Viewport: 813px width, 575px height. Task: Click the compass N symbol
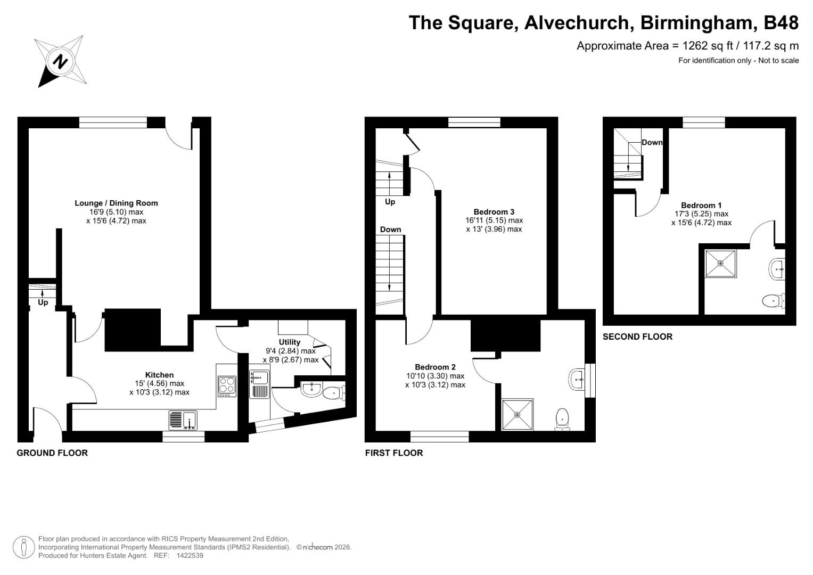click(x=61, y=61)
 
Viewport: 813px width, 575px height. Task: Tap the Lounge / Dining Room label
click(x=116, y=203)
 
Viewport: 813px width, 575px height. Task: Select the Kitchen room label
click(x=159, y=375)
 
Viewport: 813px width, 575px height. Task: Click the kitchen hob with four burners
click(x=227, y=386)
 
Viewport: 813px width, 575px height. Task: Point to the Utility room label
click(x=290, y=342)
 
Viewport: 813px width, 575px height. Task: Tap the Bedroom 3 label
click(x=494, y=211)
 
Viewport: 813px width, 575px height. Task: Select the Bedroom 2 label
click(x=435, y=367)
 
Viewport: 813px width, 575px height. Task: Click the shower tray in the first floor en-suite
click(x=517, y=415)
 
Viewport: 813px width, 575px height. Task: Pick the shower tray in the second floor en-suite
click(x=720, y=263)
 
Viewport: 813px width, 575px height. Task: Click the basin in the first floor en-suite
click(x=577, y=380)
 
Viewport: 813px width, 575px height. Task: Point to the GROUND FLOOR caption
click(x=52, y=453)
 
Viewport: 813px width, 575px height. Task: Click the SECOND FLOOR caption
click(x=637, y=336)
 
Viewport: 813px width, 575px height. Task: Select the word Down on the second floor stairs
click(x=652, y=142)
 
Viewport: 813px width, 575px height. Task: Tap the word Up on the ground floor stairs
click(x=43, y=302)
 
